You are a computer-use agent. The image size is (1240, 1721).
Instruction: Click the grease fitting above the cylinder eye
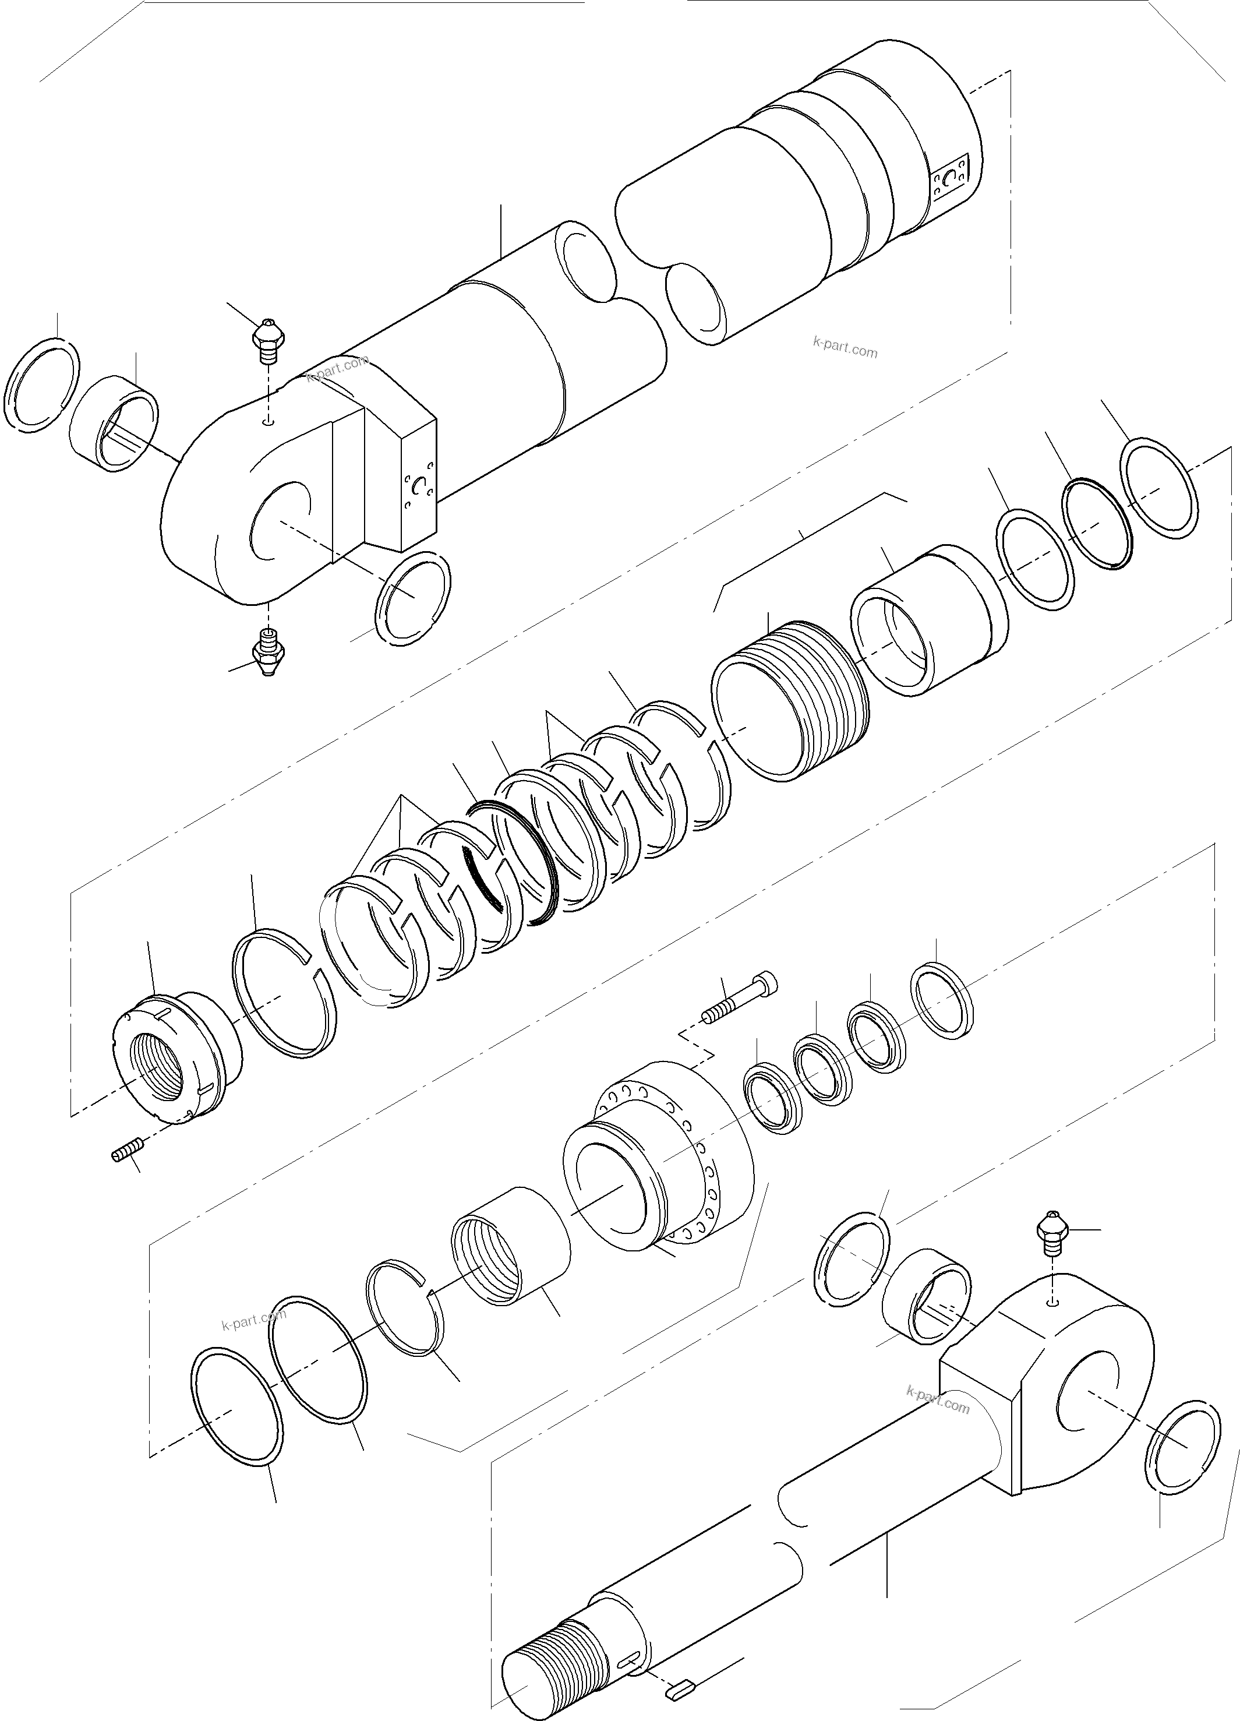click(x=267, y=342)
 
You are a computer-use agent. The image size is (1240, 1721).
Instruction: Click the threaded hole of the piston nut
click(x=158, y=1075)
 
